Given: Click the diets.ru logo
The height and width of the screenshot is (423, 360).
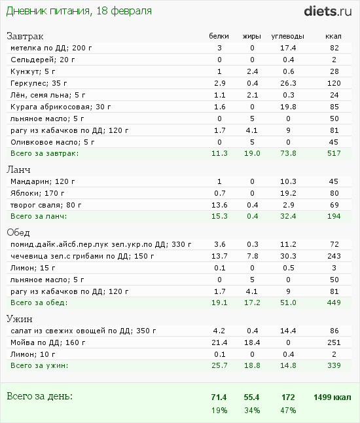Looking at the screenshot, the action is tap(328, 11).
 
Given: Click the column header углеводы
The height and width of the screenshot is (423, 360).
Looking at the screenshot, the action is tap(288, 37).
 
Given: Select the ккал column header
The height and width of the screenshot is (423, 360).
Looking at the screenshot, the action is tap(333, 36).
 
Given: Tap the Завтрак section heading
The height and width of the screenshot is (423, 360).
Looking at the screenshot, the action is tap(25, 36).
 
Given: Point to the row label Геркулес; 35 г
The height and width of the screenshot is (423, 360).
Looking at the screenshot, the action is tap(39, 83).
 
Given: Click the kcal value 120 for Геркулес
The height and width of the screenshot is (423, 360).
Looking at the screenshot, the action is tap(334, 83).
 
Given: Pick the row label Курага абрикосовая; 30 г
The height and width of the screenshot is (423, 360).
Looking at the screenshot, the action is tap(60, 107).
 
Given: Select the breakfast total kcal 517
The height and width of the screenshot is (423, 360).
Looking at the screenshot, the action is tap(334, 153).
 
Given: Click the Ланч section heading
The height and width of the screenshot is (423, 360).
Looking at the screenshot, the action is tap(18, 170).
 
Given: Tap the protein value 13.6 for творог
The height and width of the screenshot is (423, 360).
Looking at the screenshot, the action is tap(219, 205).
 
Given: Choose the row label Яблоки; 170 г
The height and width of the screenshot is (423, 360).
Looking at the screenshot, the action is tap(37, 193).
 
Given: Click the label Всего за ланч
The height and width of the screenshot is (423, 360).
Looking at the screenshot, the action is tap(39, 216).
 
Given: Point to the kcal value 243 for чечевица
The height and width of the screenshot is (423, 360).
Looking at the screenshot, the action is tap(334, 256).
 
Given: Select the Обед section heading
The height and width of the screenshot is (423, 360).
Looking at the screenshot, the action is tap(18, 232).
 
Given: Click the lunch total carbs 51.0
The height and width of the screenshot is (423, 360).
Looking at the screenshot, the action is tap(288, 303).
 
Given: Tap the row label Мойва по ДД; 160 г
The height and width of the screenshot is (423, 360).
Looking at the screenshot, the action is tap(48, 342).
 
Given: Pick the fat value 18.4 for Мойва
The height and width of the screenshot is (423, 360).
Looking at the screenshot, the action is tap(252, 342).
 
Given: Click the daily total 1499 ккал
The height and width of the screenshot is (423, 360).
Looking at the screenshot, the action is tap(333, 397).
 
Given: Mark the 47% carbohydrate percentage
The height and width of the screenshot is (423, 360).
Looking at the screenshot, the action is tap(288, 411).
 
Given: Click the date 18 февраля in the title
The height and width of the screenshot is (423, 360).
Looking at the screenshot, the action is tap(124, 11).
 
